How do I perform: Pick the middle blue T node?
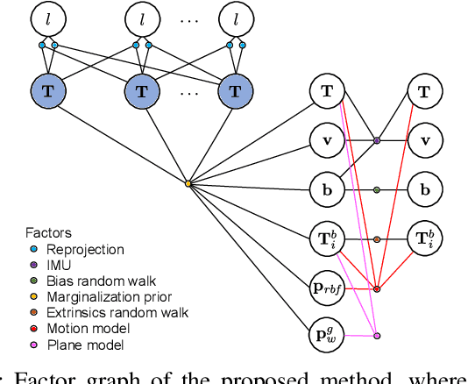pyautogui.click(x=141, y=90)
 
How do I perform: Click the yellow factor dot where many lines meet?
pyautogui.click(x=188, y=183)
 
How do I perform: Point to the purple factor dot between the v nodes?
pyautogui.click(x=377, y=139)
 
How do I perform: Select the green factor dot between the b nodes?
pyautogui.click(x=377, y=188)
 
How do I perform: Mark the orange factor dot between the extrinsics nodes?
pyautogui.click(x=377, y=238)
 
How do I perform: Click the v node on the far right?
pyautogui.click(x=425, y=139)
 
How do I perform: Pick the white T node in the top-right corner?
pyautogui.click(x=425, y=90)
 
